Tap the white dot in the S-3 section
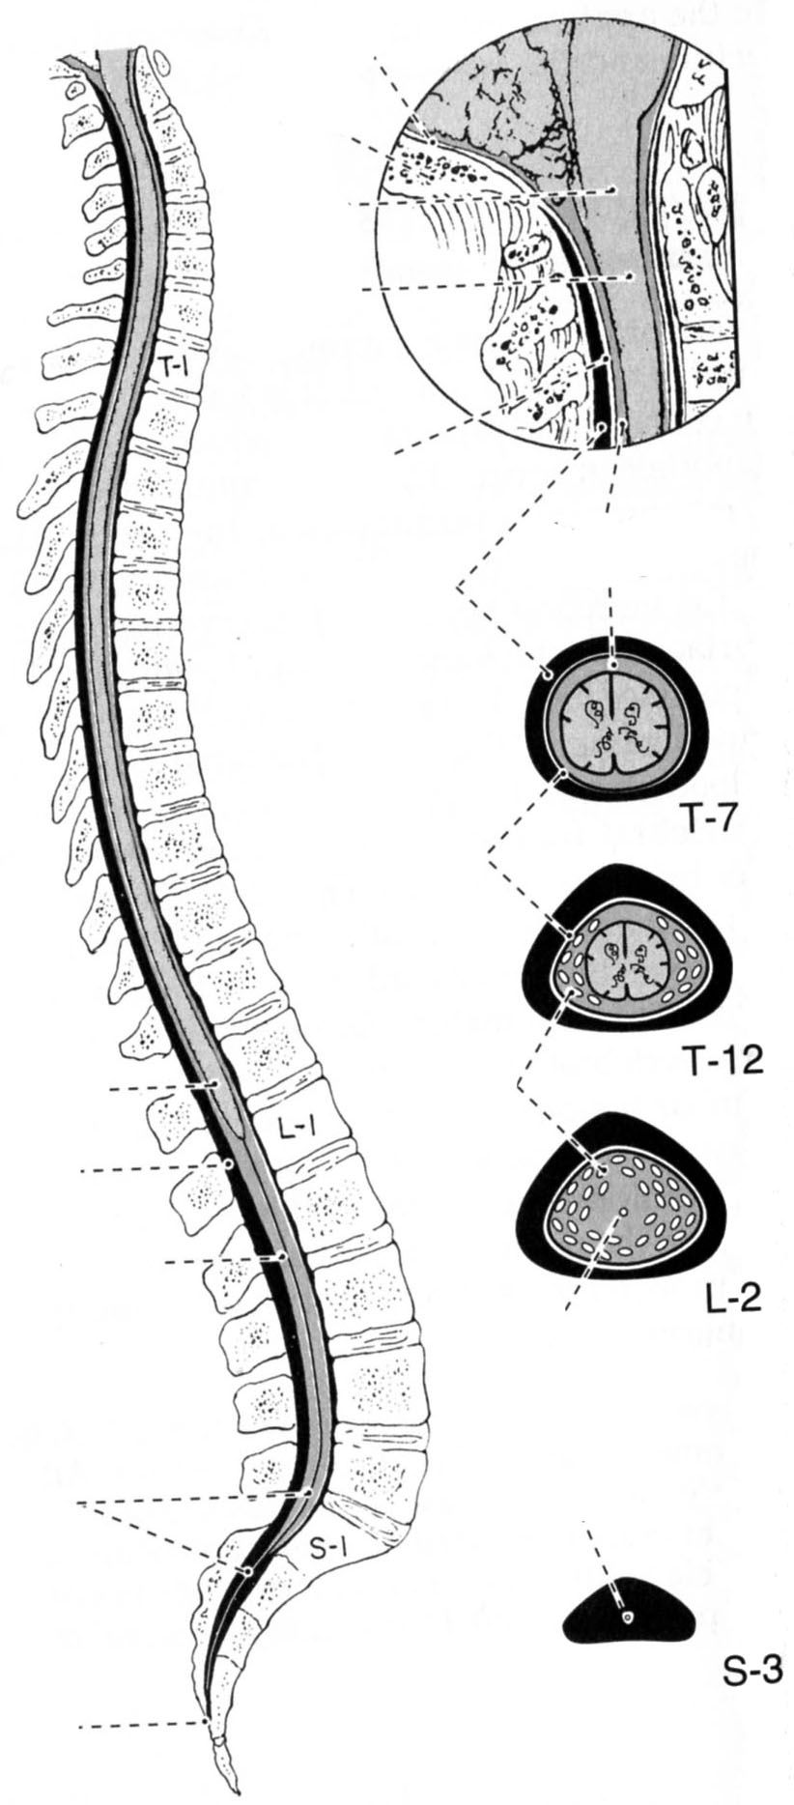coord(628,1619)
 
